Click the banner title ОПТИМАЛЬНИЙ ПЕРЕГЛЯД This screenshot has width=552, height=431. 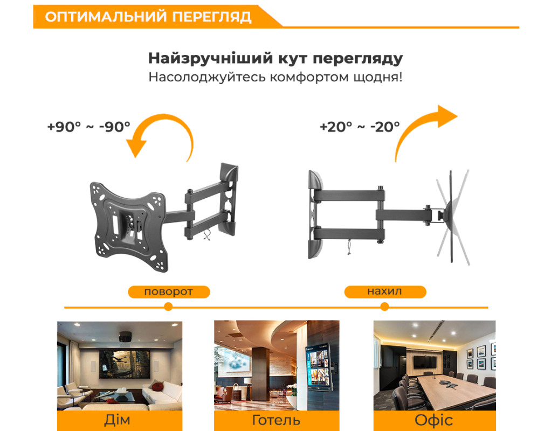pyautogui.click(x=148, y=17)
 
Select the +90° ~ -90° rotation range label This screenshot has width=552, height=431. pyautogui.click(x=89, y=127)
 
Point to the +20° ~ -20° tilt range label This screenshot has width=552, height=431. pyautogui.click(x=360, y=127)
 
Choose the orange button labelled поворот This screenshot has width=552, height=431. pyautogui.click(x=169, y=291)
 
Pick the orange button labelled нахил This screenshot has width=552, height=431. pyautogui.click(x=385, y=291)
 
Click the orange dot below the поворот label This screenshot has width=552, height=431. pyautogui.click(x=168, y=307)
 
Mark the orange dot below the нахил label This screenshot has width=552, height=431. pyautogui.click(x=385, y=307)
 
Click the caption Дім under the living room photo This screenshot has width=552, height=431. pyautogui.click(x=117, y=420)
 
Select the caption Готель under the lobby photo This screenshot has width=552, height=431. pyautogui.click(x=276, y=420)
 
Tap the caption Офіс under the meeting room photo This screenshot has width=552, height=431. pyautogui.click(x=434, y=420)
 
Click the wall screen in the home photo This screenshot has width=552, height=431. pyautogui.click(x=125, y=364)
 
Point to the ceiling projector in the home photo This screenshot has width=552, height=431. pyautogui.click(x=125, y=336)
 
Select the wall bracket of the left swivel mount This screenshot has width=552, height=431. pyautogui.click(x=228, y=199)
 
